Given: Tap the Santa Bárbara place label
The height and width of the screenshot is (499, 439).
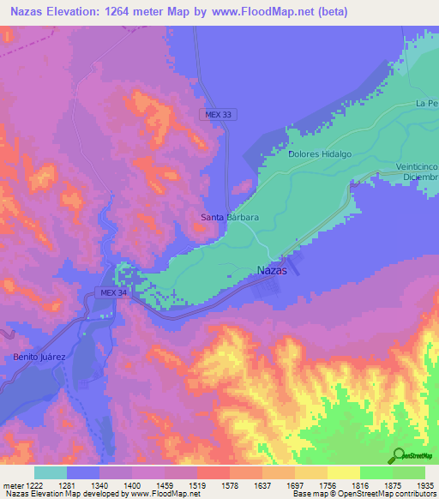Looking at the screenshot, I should coord(230,218).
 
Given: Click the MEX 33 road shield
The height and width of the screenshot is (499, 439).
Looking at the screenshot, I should coord(218,114).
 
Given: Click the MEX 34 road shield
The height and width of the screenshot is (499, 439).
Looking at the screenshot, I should coord(112,292).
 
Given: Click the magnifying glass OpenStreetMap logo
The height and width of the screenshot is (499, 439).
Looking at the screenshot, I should coord(397,455).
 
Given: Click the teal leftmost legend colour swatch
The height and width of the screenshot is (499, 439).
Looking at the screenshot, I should coord(50,472).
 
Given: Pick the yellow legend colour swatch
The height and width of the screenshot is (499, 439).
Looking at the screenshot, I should coord(343,472).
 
